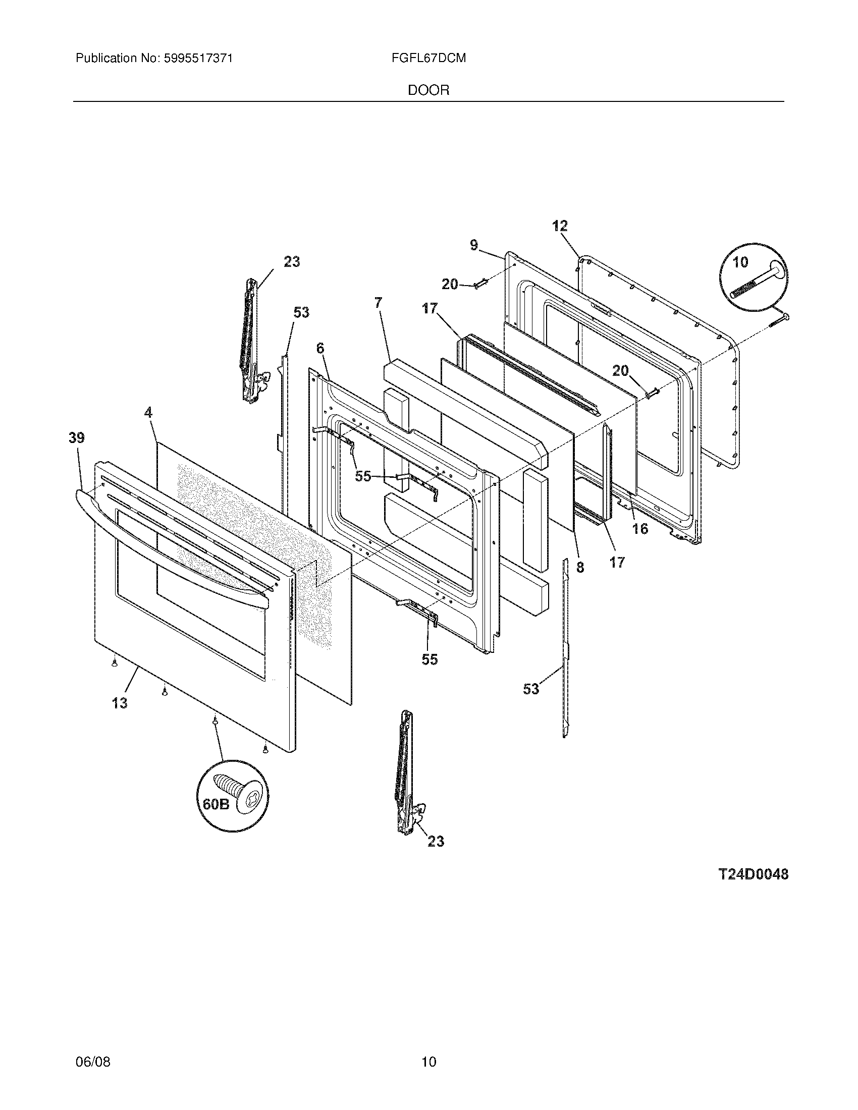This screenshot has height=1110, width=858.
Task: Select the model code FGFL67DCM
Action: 428,59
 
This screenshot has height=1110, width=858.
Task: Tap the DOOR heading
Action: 428,90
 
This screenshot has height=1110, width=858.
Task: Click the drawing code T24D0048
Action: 753,874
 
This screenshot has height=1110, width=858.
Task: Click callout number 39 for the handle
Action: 77,438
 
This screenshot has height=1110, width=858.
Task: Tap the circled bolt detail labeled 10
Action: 754,278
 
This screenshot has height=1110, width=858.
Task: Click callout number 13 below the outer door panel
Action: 120,703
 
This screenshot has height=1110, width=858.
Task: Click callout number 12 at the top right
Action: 560,226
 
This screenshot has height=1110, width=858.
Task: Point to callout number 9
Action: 474,246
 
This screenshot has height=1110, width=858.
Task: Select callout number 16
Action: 640,529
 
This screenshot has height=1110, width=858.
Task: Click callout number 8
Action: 580,568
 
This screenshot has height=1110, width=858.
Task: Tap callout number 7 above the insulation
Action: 378,303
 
